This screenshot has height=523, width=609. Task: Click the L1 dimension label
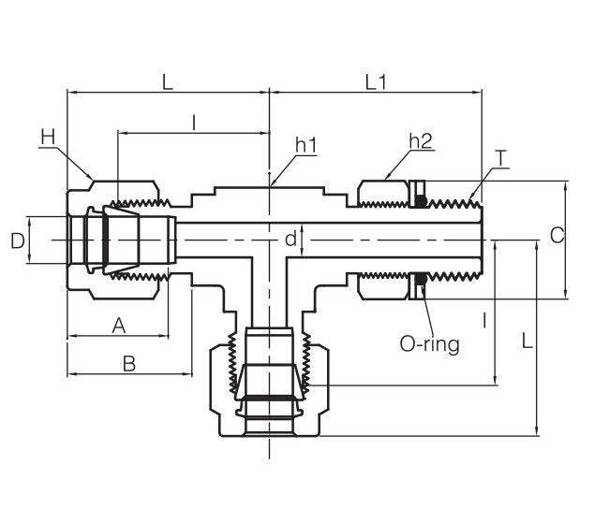pos(376,82)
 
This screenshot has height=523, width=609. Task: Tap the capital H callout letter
pos(49,138)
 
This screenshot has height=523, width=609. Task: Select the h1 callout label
pos(306,145)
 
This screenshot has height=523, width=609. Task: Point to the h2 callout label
pos(421,141)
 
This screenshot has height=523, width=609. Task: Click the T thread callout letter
pos(502,158)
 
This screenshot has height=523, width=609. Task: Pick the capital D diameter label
pos(17,240)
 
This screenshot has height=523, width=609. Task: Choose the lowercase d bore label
pos(291,240)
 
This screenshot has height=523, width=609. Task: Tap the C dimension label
pos(557,236)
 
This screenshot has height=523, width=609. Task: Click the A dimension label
pos(118,326)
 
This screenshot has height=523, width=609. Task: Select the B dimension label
pos(129,363)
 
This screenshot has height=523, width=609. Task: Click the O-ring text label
pos(429,343)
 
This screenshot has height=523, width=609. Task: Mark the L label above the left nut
pos(168,82)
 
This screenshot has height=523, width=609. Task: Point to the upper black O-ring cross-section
pos(422,200)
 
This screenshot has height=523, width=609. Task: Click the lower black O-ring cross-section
pos(422,278)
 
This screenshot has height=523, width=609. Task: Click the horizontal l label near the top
pos(193,122)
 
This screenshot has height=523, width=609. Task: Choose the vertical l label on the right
pos(483,321)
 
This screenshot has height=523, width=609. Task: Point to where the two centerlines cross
pos(270,240)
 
